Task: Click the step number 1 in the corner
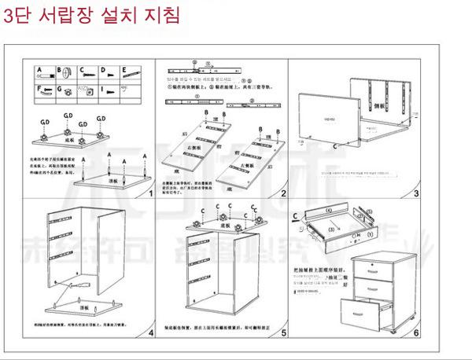click(149, 192)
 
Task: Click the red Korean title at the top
click(91, 15)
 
